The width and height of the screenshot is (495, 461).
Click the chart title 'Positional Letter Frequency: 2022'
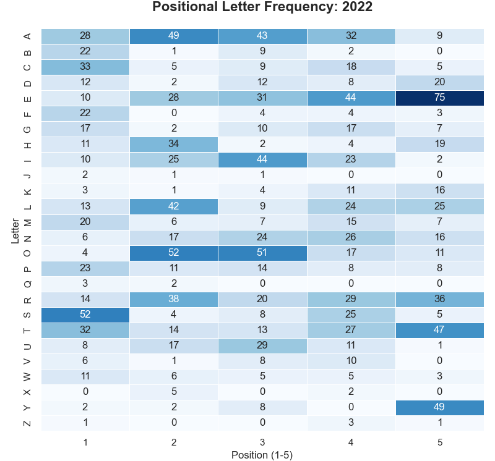click(x=262, y=7)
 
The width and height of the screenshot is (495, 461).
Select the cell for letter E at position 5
click(x=439, y=98)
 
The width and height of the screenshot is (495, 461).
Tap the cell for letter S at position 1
click(x=85, y=315)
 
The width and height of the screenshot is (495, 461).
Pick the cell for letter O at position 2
click(x=174, y=253)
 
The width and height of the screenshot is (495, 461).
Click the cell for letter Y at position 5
click(x=439, y=407)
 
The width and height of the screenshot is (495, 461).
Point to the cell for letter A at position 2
click(x=174, y=36)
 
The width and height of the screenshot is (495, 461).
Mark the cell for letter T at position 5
click(x=439, y=330)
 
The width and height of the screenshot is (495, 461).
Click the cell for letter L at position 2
click(x=174, y=206)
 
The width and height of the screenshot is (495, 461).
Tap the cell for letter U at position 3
click(x=262, y=345)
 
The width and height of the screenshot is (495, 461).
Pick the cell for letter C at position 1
click(x=85, y=67)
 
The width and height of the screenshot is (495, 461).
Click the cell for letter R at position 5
click(x=439, y=299)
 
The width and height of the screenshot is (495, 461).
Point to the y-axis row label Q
click(x=27, y=284)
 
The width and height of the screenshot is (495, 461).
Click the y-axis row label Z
click(x=27, y=423)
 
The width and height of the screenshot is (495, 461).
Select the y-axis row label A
click(x=27, y=36)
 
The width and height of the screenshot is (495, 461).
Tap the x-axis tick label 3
click(x=262, y=442)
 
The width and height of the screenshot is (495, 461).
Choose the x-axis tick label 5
click(x=439, y=442)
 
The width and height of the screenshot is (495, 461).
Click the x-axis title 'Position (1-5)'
click(x=262, y=455)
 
